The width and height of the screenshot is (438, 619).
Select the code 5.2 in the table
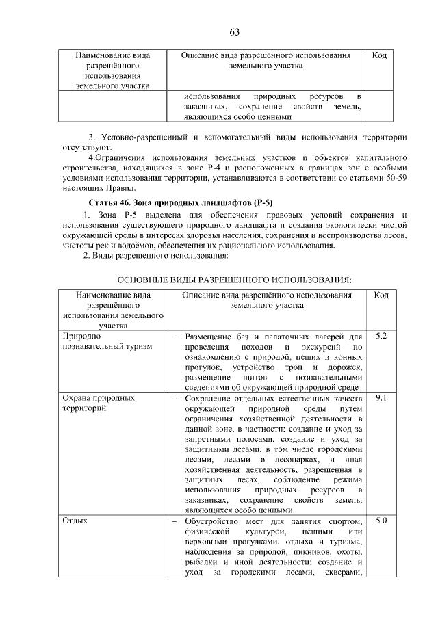pyautogui.click(x=381, y=337)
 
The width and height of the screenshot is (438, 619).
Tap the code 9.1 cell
pyautogui.click(x=381, y=397)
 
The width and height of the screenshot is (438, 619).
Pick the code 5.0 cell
pyautogui.click(x=381, y=521)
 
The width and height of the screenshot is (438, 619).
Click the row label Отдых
pyautogui.click(x=75, y=521)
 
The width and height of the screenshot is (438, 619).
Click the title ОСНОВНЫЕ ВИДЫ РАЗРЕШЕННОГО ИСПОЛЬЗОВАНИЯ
pyautogui.click(x=235, y=280)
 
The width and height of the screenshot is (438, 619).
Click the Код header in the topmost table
pyautogui.click(x=379, y=55)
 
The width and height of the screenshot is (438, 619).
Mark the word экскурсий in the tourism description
pyautogui.click(x=315, y=347)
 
